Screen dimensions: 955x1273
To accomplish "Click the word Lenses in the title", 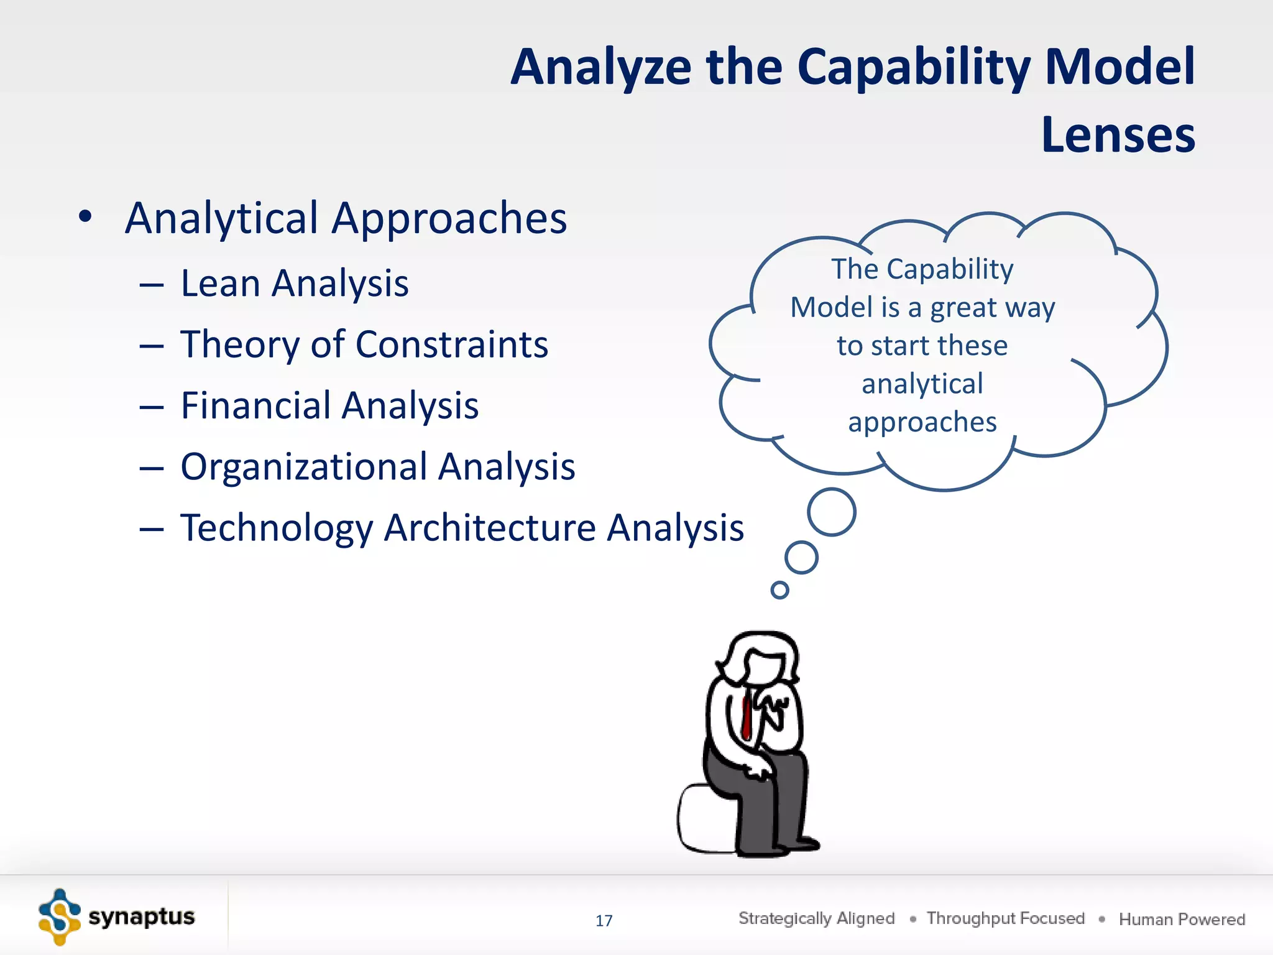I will coord(1118,135).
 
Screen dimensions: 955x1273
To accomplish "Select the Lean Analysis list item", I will coord(294,284).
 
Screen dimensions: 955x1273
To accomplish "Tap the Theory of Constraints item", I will coord(364,345).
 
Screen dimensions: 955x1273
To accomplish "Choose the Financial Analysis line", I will coord(329,406).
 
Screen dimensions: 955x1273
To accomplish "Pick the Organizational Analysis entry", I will coord(377,467).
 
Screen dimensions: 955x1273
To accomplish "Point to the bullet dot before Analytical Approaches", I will coord(85,217).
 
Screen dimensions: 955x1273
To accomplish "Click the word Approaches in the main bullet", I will coord(449,219).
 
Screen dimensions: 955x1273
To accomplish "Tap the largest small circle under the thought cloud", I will coord(831,512).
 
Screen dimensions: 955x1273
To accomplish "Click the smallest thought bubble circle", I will coord(779,589).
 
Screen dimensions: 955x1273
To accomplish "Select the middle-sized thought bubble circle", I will coord(801,557).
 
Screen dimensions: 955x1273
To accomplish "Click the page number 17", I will coord(604,921).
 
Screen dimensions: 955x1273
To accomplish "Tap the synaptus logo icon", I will coord(59,917).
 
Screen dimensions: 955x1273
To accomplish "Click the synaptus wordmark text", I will coord(141,917).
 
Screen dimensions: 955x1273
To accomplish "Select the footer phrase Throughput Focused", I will coord(1005,918).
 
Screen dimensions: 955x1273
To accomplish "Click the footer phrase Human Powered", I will coord(1182,920).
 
